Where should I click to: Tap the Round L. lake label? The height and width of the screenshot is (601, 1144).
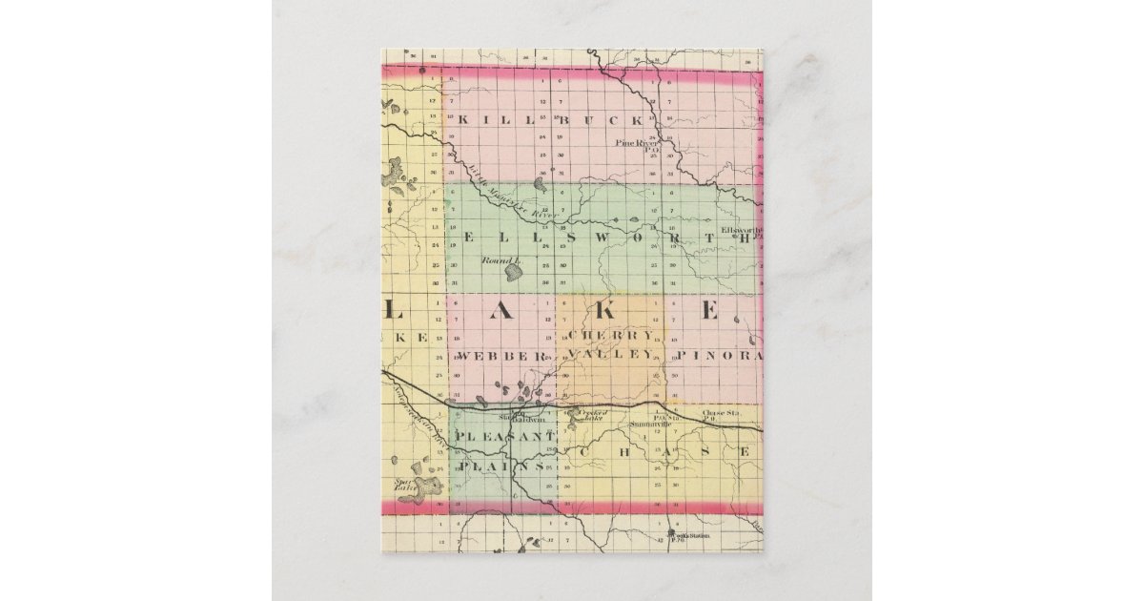pyautogui.click(x=498, y=259)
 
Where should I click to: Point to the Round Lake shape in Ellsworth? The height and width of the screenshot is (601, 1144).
pyautogui.click(x=514, y=273)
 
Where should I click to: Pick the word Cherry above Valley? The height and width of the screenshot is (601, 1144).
pyautogui.click(x=611, y=336)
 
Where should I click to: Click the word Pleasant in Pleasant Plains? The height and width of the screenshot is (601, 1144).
pyautogui.click(x=503, y=437)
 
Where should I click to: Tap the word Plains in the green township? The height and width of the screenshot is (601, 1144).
pyautogui.click(x=502, y=467)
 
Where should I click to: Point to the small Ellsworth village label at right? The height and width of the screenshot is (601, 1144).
pyautogui.click(x=741, y=231)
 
